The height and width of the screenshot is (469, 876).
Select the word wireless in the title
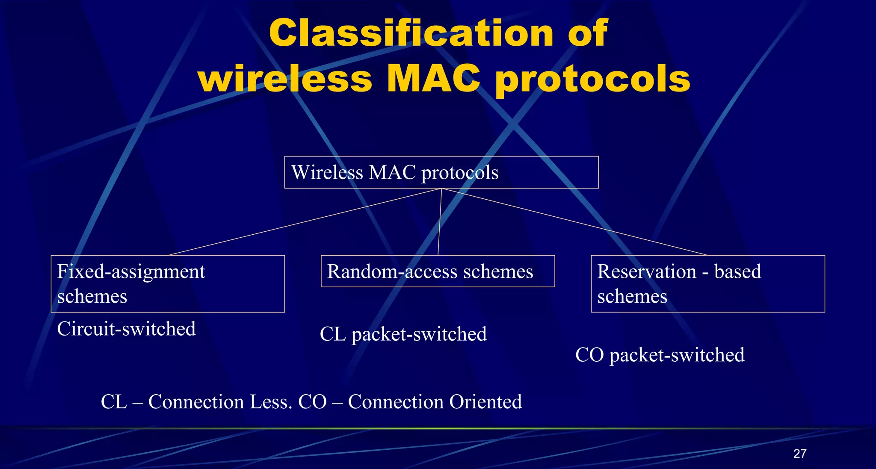[x=285, y=79]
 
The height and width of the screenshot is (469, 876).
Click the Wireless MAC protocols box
[x=441, y=172]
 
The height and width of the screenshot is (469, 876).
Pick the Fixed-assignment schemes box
[x=168, y=283]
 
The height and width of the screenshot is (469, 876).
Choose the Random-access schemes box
[x=438, y=271]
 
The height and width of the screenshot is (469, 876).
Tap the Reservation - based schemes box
[x=707, y=283]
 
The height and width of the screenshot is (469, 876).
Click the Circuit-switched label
[x=127, y=329]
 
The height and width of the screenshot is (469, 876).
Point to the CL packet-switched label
[x=403, y=334]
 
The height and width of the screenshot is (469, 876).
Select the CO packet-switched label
[x=660, y=355]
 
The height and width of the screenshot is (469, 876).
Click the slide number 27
[x=799, y=454]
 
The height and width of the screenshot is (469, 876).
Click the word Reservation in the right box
[x=647, y=271]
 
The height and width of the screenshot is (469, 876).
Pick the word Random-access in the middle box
[x=392, y=271]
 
